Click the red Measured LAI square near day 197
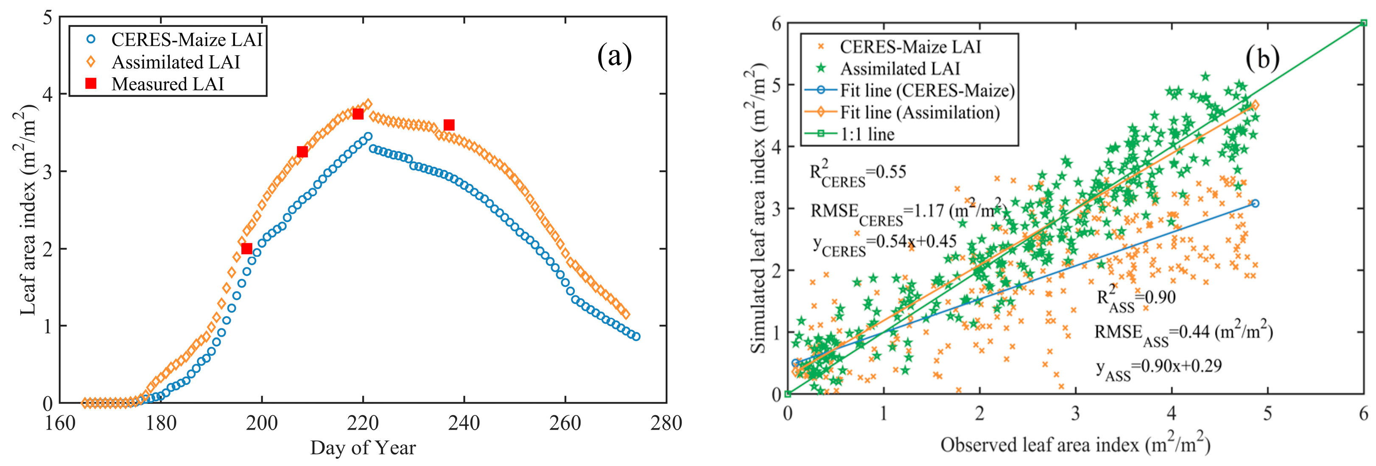pos(247,249)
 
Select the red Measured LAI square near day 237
pos(449,125)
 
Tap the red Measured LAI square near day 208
pos(302,152)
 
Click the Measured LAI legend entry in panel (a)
pos(167,84)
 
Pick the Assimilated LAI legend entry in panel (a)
pos(175,62)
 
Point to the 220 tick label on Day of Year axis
pos(363,423)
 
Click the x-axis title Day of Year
pos(363,448)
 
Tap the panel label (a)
pos(614,56)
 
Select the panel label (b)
pos(1262,58)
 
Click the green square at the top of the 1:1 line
pos(1363,23)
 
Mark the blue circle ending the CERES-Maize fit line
pos(1255,203)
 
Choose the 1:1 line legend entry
pos(867,134)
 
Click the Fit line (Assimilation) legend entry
pos(919,112)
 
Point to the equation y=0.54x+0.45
pos(884,243)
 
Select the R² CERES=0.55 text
pos(858,174)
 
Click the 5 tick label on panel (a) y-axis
pos(48,18)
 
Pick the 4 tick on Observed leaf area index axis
pos(1171,413)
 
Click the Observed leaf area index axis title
pos(1075,445)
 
